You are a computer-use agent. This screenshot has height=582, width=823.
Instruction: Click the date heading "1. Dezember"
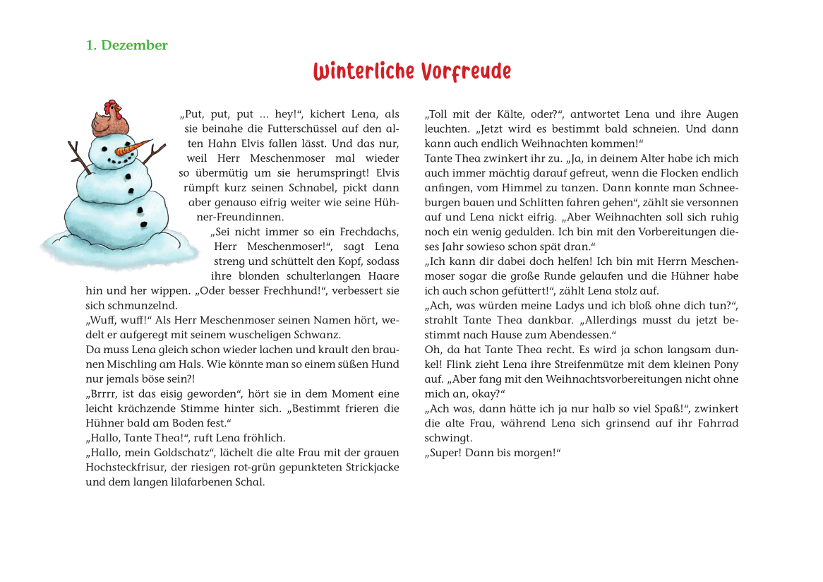127,45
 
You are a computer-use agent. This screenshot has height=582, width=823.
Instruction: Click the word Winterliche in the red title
364,72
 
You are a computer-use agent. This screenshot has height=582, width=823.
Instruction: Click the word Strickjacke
370,468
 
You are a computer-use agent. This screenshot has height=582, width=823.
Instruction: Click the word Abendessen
581,335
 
